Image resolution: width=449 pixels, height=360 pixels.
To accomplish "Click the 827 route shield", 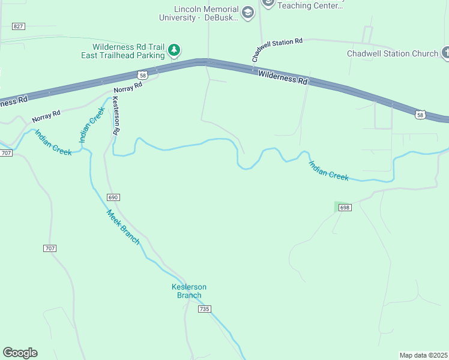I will (19, 26).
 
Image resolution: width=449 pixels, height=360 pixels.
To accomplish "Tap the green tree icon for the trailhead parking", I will (174, 50).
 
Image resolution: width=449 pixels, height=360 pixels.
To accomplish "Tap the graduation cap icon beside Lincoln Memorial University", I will (247, 12).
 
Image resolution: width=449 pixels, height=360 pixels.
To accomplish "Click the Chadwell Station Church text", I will (393, 53).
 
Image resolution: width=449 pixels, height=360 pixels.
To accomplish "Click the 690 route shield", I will (113, 197).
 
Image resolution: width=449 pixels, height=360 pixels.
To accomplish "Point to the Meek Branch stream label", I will (123, 227).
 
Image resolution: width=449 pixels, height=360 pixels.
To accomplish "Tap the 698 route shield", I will (344, 208).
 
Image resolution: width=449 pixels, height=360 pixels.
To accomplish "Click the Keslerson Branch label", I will (189, 291).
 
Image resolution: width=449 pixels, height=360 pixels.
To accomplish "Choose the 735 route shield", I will (205, 308).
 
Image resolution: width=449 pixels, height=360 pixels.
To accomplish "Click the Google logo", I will (20, 353).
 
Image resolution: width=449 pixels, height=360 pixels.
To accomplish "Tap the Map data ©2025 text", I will (424, 355).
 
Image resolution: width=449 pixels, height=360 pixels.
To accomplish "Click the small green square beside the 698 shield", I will (337, 207).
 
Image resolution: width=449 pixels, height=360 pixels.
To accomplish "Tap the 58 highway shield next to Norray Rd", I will (142, 75).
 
